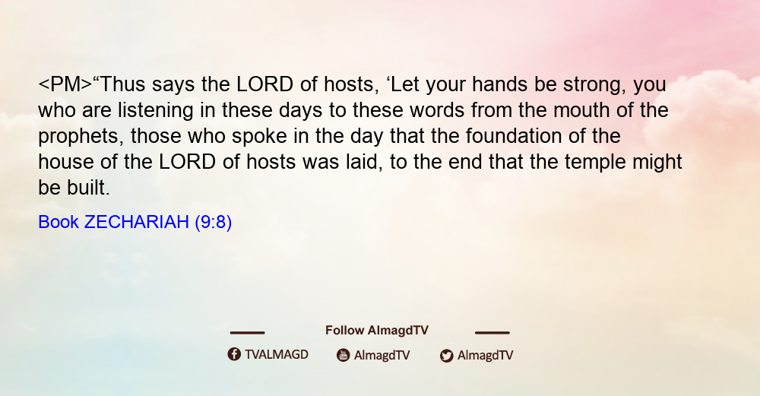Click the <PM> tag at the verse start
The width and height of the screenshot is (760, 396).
[65, 84]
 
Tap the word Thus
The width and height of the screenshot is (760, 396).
[122, 84]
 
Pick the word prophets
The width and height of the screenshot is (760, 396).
[78, 137]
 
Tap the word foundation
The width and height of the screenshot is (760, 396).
[514, 136]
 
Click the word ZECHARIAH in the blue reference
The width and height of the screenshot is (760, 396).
[137, 222]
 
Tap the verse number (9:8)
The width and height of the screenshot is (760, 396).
[214, 223]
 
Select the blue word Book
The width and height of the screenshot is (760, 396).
[59, 222]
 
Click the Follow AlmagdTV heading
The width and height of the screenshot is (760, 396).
[377, 331]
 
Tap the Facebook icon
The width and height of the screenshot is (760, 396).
[234, 354]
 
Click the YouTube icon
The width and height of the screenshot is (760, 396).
[344, 355]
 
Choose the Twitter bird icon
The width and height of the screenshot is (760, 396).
[446, 356]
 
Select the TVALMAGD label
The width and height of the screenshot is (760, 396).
[277, 355]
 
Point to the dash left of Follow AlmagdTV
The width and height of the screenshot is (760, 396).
[247, 333]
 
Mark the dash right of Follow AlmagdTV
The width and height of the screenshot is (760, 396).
[492, 333]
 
